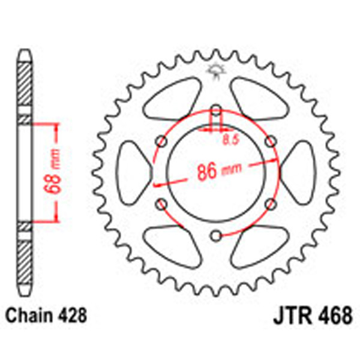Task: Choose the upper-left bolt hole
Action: (x=161, y=142)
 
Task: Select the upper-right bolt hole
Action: (x=271, y=142)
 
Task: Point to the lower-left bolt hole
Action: (x=161, y=204)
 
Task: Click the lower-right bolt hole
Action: (x=271, y=204)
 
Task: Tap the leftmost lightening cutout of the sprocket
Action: (x=133, y=173)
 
